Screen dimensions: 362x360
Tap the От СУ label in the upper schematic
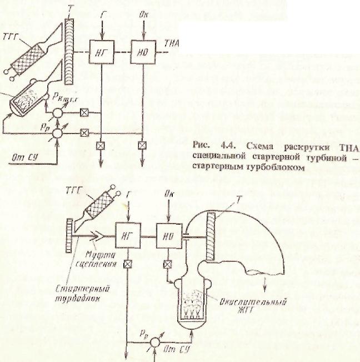[26, 157]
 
